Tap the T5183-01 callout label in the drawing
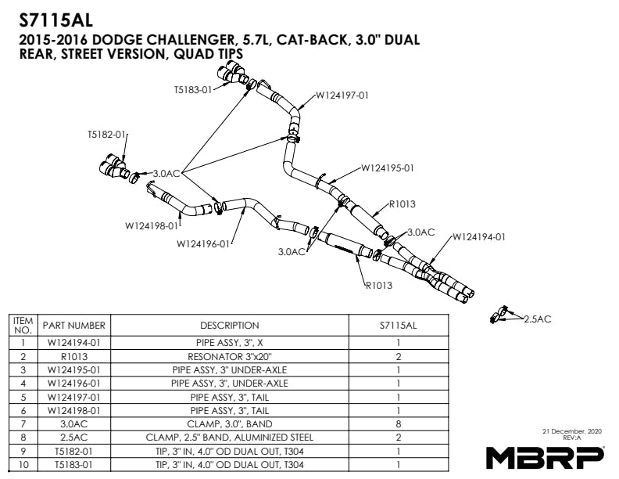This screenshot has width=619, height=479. tap(192, 89)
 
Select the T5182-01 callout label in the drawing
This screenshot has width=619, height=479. tap(106, 135)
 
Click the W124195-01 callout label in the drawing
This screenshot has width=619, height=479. tap(388, 167)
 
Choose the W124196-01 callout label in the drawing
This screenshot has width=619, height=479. tap(203, 243)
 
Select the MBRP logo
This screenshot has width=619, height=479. tap(545, 455)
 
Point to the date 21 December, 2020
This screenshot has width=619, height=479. tap(571, 431)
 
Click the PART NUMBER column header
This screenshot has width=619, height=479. tap(75, 325)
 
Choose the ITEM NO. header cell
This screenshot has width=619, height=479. tap(23, 325)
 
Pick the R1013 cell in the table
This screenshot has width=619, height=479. tap(75, 355)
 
